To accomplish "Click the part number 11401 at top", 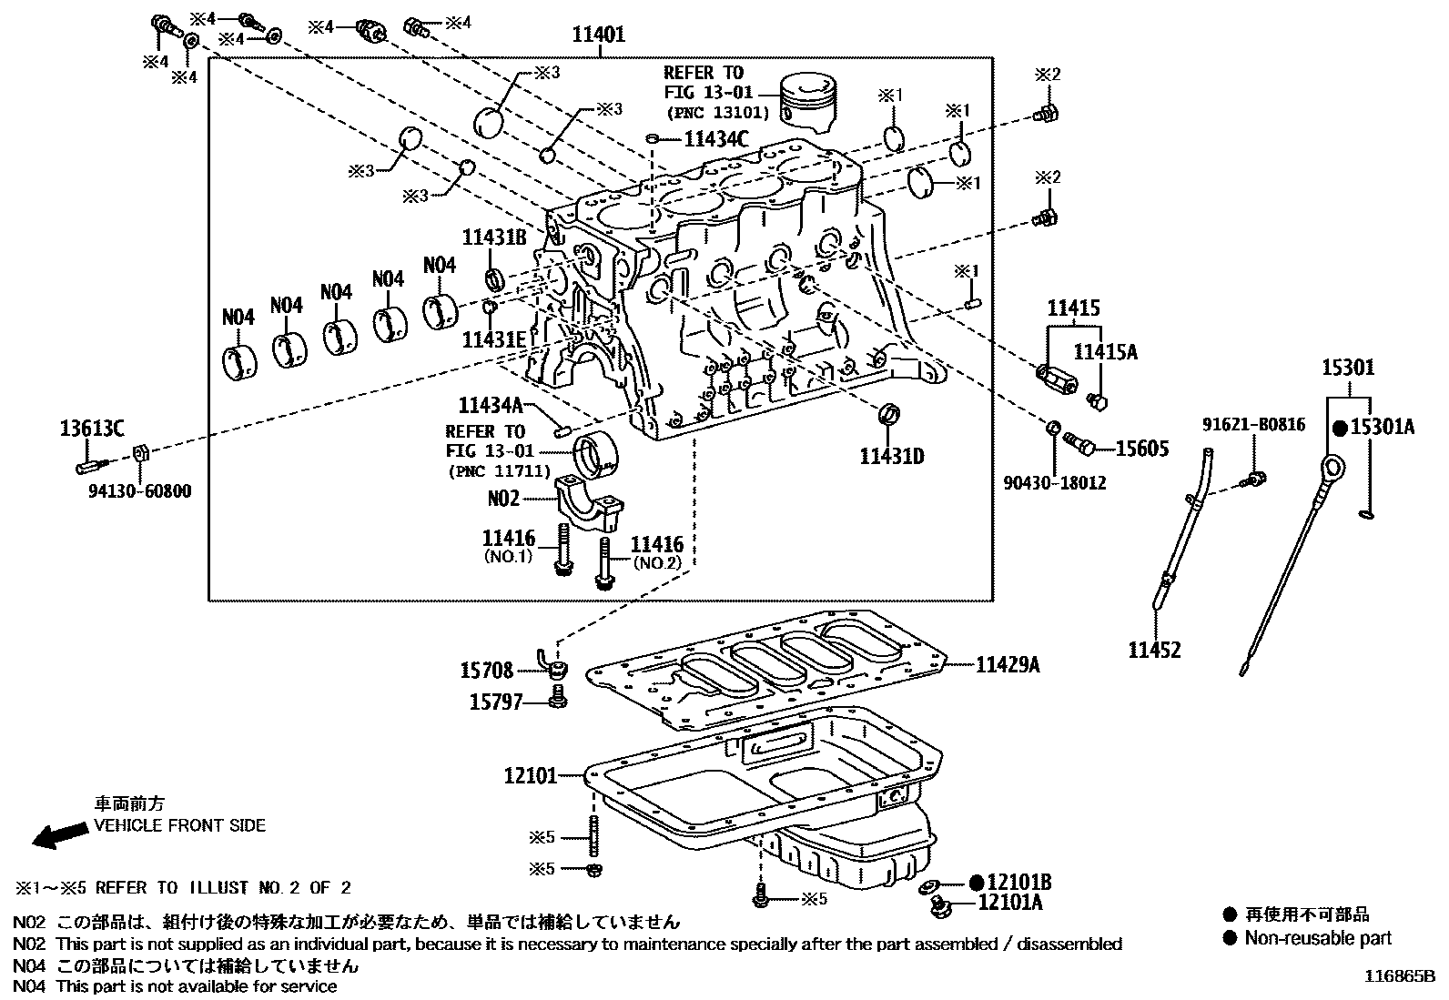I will click(598, 35).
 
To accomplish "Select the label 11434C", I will click(715, 139).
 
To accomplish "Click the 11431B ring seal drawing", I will click(496, 278).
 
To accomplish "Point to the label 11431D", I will click(891, 456).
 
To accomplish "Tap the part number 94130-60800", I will click(140, 491).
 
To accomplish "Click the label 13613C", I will click(93, 428).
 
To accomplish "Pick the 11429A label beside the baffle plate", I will click(1008, 665).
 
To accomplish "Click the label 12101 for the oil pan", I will click(530, 776).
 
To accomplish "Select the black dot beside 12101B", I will click(977, 882).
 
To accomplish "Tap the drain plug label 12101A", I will click(1009, 903).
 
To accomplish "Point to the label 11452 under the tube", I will click(1154, 650).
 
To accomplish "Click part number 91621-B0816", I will click(1253, 424).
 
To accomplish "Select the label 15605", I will click(1141, 448).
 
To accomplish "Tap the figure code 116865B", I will click(1398, 977).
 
